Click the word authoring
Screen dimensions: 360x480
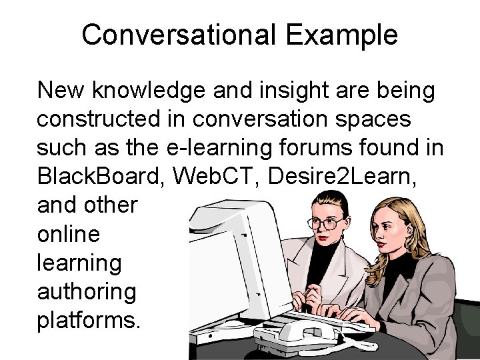[x=87, y=291]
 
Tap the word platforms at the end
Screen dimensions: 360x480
[x=89, y=320]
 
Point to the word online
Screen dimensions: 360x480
[x=69, y=234]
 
